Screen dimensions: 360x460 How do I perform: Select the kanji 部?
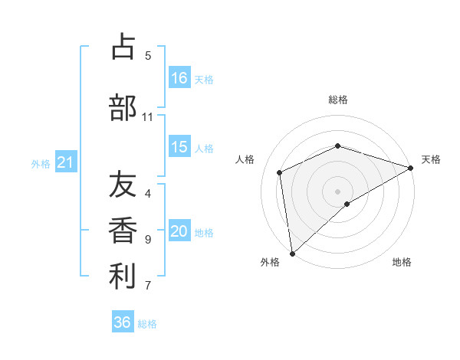[123, 107]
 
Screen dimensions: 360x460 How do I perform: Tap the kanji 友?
[123, 185]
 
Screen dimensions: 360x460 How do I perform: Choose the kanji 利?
[123, 277]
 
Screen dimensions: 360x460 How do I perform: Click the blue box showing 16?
[179, 78]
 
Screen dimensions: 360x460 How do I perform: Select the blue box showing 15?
[179, 148]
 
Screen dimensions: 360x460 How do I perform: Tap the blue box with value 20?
[179, 232]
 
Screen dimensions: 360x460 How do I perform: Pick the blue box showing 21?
[65, 163]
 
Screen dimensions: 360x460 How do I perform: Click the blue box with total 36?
[123, 322]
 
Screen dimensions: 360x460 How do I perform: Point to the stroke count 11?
[148, 117]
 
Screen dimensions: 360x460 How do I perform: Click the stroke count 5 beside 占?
[148, 55]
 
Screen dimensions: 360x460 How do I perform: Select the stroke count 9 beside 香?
[148, 240]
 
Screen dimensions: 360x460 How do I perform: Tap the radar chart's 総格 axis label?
[337, 100]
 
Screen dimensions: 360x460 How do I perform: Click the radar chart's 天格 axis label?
[431, 159]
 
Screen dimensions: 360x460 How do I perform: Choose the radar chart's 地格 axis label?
[402, 262]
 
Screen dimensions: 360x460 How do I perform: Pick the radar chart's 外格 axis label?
[270, 262]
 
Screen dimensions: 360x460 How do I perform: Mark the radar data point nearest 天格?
[411, 169]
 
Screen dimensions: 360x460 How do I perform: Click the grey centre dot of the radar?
[337, 191]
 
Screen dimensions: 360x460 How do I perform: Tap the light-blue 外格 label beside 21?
[40, 164]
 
